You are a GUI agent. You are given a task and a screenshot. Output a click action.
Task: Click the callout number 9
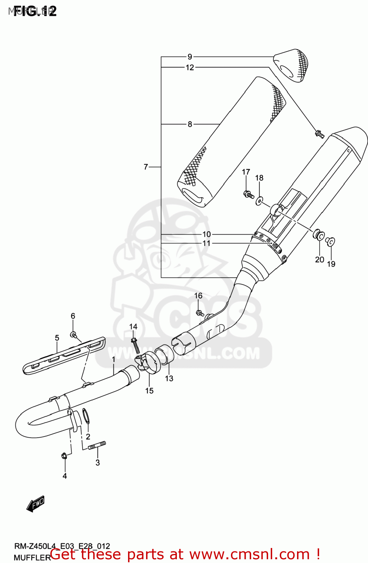click(x=190, y=57)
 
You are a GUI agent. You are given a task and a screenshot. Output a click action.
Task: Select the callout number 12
click(x=190, y=68)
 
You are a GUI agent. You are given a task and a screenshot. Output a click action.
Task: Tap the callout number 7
click(x=146, y=167)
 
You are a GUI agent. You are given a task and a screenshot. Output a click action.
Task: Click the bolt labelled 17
click(x=248, y=194)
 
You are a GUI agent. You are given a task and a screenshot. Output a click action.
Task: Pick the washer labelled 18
click(x=259, y=201)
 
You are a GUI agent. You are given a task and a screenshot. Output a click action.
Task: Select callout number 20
click(x=320, y=259)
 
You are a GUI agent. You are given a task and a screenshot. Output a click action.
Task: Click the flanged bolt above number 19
click(x=330, y=241)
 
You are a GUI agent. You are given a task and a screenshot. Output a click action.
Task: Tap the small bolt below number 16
click(x=200, y=312)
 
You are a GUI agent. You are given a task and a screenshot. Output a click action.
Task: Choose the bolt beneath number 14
click(x=135, y=345)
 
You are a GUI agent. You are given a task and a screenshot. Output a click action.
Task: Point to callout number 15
click(x=149, y=391)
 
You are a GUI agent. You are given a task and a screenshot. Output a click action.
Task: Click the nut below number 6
click(x=74, y=334)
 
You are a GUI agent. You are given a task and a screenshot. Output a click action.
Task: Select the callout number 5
click(x=57, y=338)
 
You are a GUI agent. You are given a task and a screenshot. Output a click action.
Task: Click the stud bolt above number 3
click(x=97, y=446)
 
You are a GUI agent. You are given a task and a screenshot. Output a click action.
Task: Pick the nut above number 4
click(x=64, y=456)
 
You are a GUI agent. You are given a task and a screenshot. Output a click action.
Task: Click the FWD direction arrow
click(x=36, y=504)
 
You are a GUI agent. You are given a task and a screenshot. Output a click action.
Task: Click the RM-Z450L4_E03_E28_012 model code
click(x=62, y=546)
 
